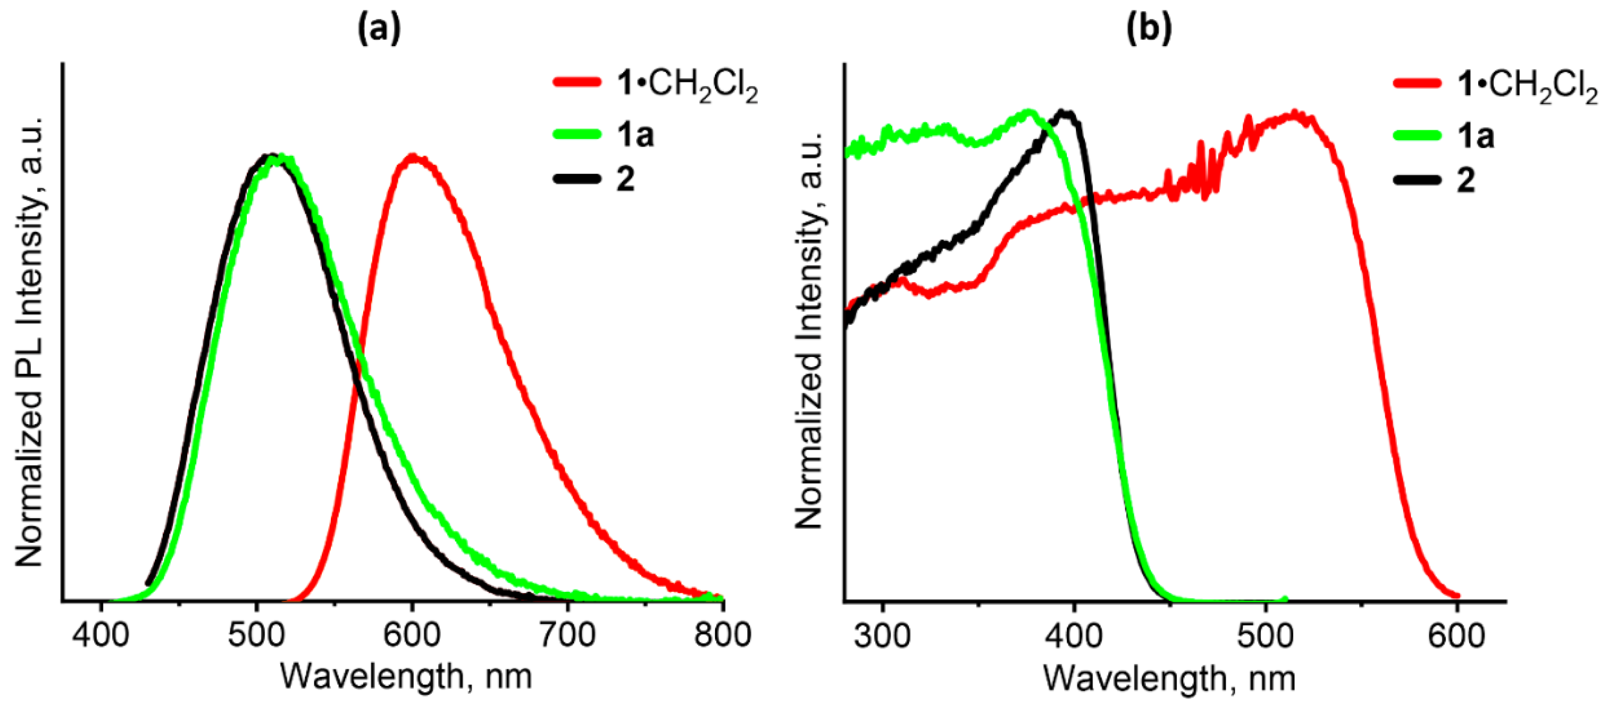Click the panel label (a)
pyautogui.click(x=378, y=29)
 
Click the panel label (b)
pyautogui.click(x=1149, y=29)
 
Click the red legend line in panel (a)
pyautogui.click(x=577, y=82)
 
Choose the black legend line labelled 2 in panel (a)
pyautogui.click(x=577, y=179)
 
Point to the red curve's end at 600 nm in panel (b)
pyautogui.click(x=1456, y=596)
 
